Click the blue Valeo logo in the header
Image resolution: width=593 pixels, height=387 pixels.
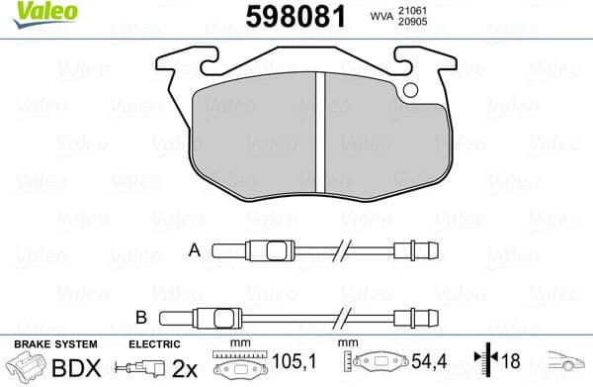pyautogui.click(x=30, y=12)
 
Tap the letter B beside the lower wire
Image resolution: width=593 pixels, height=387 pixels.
pyautogui.click(x=139, y=319)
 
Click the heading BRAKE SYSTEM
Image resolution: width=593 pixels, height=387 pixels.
pyautogui.click(x=54, y=344)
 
